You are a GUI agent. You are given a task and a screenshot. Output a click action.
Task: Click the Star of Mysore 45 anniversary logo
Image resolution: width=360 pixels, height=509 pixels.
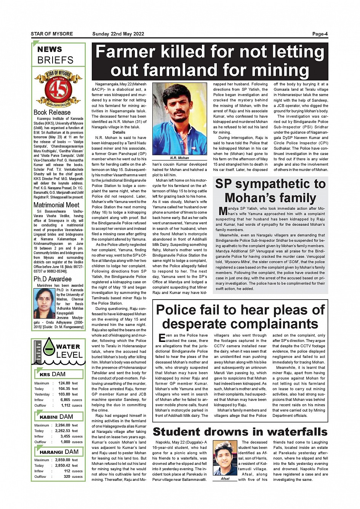pos(58,89)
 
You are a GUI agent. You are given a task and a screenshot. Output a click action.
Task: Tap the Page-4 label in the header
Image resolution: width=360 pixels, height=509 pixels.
pos(320,34)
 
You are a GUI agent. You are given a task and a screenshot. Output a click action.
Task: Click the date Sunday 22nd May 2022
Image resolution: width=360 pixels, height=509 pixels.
pos(118,34)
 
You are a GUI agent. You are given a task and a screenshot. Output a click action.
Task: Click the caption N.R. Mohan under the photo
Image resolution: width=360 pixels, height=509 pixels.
pos(179,158)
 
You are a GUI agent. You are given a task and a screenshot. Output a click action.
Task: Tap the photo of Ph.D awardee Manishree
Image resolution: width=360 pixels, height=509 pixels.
pos(45,303)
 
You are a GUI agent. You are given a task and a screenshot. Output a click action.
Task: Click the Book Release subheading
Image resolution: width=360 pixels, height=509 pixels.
pos(52,113)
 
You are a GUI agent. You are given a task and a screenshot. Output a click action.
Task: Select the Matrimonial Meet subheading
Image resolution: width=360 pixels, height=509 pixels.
pos(56,205)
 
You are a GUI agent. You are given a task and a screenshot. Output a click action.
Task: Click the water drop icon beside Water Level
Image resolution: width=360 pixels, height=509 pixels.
pos(49,347)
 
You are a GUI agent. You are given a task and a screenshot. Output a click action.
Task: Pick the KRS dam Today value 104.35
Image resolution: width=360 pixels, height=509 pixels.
pos(64,389)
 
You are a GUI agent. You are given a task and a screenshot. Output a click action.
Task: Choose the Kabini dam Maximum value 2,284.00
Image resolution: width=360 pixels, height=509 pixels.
pos(62,425)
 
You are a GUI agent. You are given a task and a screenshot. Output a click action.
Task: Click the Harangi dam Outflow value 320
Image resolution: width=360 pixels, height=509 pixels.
pos(67,477)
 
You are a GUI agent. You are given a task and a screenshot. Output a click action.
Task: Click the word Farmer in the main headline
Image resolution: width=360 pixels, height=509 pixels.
pos(125,52)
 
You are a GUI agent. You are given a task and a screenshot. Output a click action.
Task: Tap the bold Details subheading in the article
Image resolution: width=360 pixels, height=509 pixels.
pos(119,132)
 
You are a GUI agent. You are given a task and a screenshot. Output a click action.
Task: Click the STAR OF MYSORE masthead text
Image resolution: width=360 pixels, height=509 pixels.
pos(52,34)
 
